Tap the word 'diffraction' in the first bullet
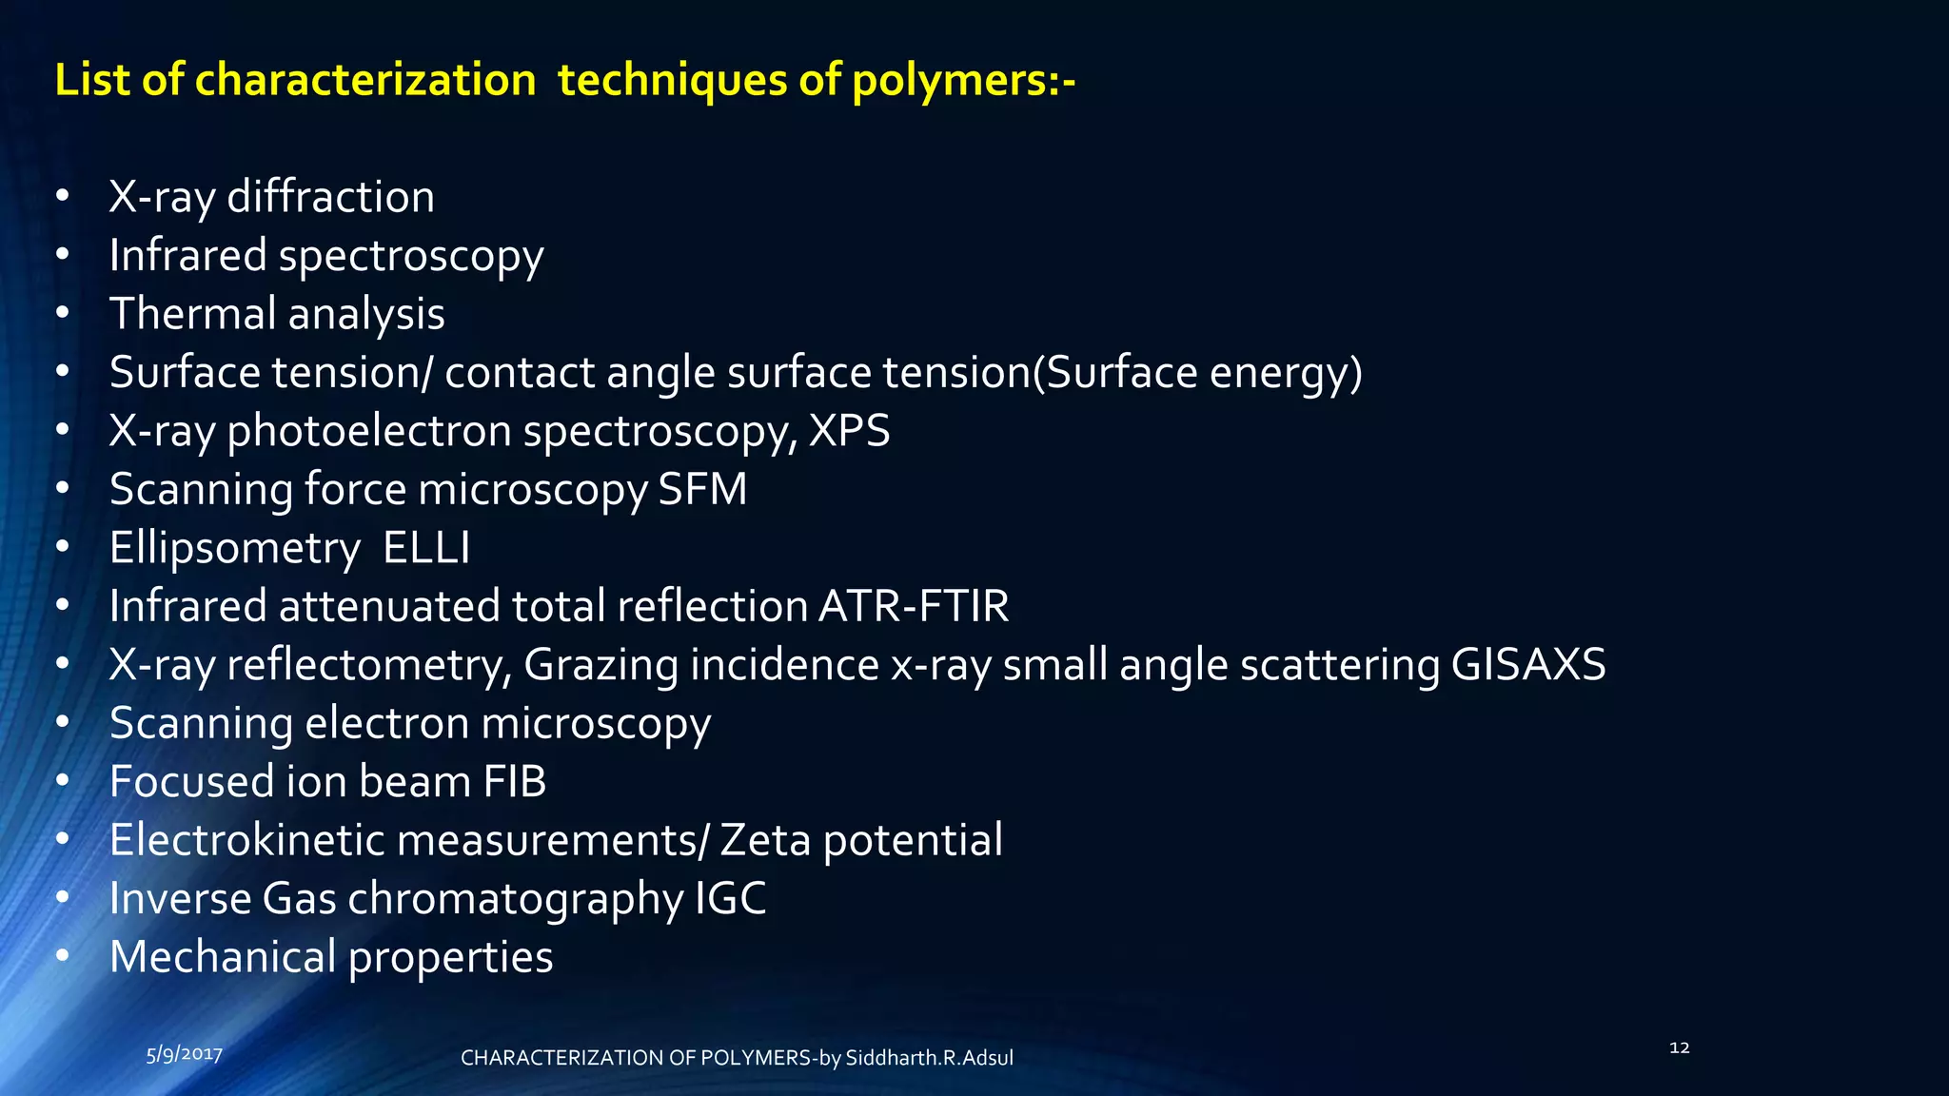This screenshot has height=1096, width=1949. point(330,197)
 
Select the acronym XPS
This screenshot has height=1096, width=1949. point(849,431)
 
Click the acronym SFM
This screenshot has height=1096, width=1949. point(702,490)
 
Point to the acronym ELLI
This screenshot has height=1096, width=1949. point(426,548)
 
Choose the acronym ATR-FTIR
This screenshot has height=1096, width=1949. point(914,606)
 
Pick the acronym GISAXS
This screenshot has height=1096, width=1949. point(1528,665)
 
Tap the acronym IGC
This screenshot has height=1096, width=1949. point(731,899)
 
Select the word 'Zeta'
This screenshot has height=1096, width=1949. point(765,840)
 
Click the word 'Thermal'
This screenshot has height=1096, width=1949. point(192,314)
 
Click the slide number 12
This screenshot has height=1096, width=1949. point(1680,1047)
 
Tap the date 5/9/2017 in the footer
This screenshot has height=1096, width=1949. point(185,1054)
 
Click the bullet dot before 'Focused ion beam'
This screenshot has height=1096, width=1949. point(63,782)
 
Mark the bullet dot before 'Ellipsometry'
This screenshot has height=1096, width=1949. point(63,548)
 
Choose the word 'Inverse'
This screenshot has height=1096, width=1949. point(180,899)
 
